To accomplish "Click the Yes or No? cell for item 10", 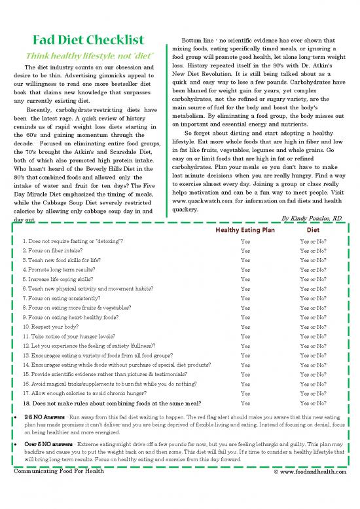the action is (x=313, y=326).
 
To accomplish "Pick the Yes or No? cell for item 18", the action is (x=313, y=403).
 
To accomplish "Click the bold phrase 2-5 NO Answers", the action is (x=43, y=417).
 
